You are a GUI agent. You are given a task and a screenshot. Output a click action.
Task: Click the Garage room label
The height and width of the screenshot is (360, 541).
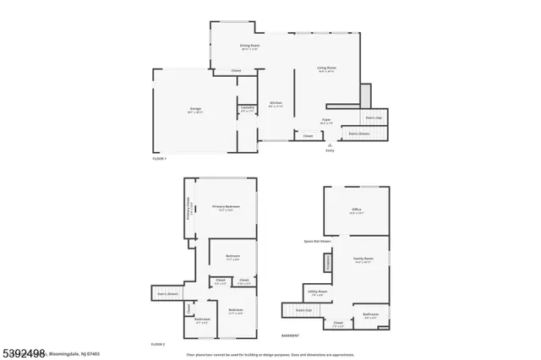pos(194,110)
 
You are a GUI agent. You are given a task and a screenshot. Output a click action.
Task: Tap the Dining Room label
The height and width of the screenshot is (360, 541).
pos(249,47)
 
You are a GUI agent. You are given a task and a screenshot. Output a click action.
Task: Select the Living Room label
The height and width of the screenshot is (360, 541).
pos(326,69)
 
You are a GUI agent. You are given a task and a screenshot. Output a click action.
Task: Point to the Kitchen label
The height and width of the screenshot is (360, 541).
pos(276,105)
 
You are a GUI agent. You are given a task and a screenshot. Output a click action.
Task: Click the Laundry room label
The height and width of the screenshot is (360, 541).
pos(247,109)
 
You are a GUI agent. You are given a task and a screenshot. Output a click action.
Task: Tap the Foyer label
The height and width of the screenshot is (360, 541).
pos(325,122)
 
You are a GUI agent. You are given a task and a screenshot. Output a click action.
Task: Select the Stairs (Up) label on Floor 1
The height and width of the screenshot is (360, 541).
pos(373,117)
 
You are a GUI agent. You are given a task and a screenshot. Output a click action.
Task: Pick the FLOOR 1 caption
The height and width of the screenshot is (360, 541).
pos(159,158)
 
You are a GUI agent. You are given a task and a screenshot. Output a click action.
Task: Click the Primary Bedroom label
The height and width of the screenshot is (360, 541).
pos(226,208)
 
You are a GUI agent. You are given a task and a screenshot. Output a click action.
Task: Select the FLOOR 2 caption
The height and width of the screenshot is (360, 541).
pos(159,344)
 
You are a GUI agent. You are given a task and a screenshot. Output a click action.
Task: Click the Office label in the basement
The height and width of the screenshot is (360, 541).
pos(356,211)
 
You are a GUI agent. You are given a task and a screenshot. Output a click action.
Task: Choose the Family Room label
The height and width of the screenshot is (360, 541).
pos(363,260)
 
